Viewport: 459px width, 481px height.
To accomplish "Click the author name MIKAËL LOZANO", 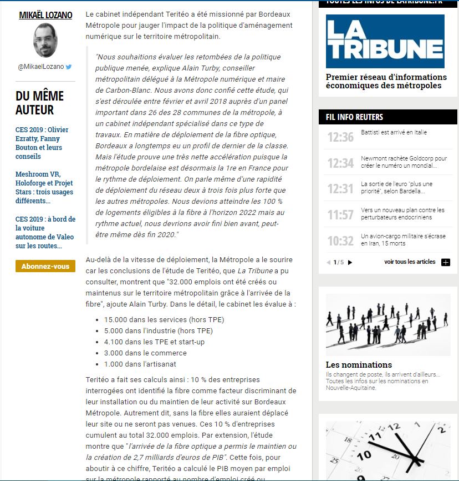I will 45,15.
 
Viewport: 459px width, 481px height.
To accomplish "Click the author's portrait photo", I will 45,41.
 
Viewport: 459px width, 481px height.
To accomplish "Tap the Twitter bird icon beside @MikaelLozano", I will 69,67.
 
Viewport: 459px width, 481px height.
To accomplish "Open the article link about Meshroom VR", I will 44,187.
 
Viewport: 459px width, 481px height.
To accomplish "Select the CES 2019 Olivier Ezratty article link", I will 42,143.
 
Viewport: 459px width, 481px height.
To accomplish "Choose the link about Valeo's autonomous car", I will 45,232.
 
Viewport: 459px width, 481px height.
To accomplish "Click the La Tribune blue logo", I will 385,41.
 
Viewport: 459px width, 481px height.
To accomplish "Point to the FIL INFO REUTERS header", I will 355,117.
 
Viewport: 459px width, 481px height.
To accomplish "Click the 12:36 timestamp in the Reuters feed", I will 340,137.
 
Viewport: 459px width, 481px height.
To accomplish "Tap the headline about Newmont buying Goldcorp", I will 404,162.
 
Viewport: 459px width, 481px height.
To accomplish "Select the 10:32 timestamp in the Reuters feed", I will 340,240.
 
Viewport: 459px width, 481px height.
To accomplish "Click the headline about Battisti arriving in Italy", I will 394,133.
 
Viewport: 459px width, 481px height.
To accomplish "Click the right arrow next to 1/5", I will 350,262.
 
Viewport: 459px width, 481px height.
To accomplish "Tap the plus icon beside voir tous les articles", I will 446,262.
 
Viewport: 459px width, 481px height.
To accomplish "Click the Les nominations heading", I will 359,365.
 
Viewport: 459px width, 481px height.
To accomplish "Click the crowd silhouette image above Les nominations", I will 387,324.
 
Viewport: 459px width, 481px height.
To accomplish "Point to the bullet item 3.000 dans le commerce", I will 145,353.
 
